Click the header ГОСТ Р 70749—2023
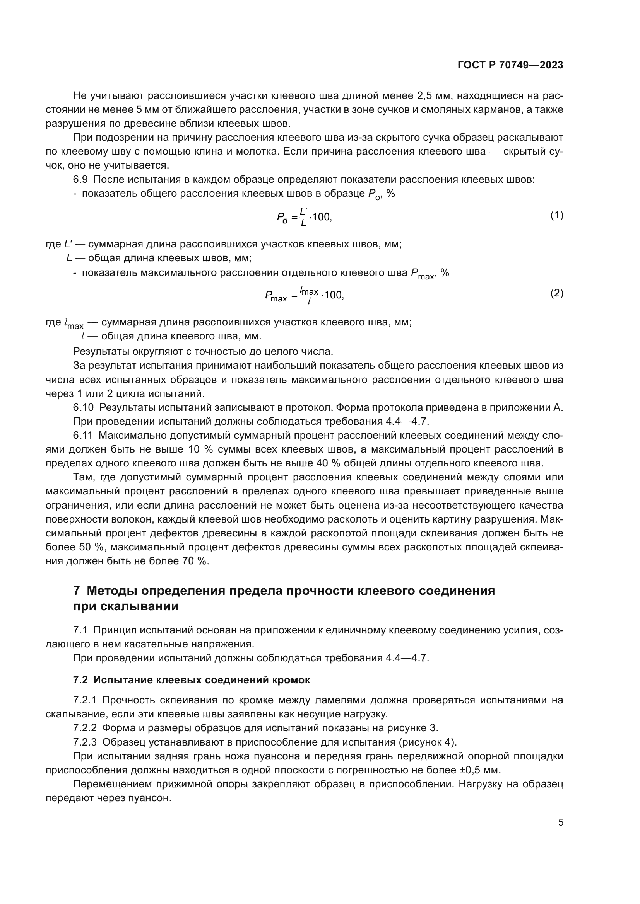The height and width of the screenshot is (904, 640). tap(510, 65)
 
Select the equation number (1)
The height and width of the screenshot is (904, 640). tap(556, 215)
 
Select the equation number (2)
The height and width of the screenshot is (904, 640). tap(556, 293)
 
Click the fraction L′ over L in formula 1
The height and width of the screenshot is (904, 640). tap(303, 217)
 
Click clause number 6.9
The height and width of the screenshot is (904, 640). tap(80, 180)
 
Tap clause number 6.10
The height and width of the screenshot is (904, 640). tap(83, 408)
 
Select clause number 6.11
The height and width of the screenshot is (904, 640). tap(83, 436)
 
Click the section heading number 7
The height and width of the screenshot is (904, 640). tap(77, 591)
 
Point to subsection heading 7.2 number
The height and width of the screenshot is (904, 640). tap(80, 680)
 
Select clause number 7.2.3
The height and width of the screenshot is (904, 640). tap(85, 742)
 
